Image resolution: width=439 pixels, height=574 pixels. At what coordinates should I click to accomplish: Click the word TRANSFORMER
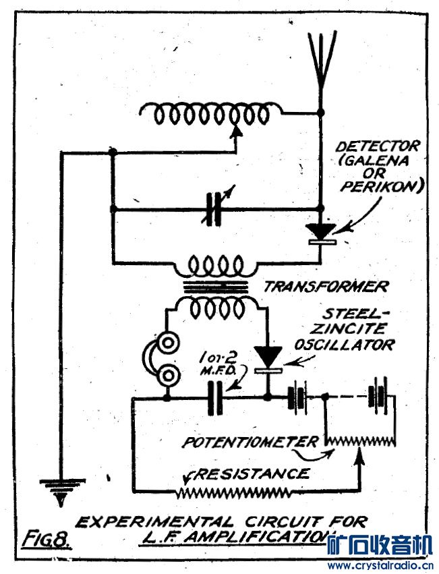tap(326, 286)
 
